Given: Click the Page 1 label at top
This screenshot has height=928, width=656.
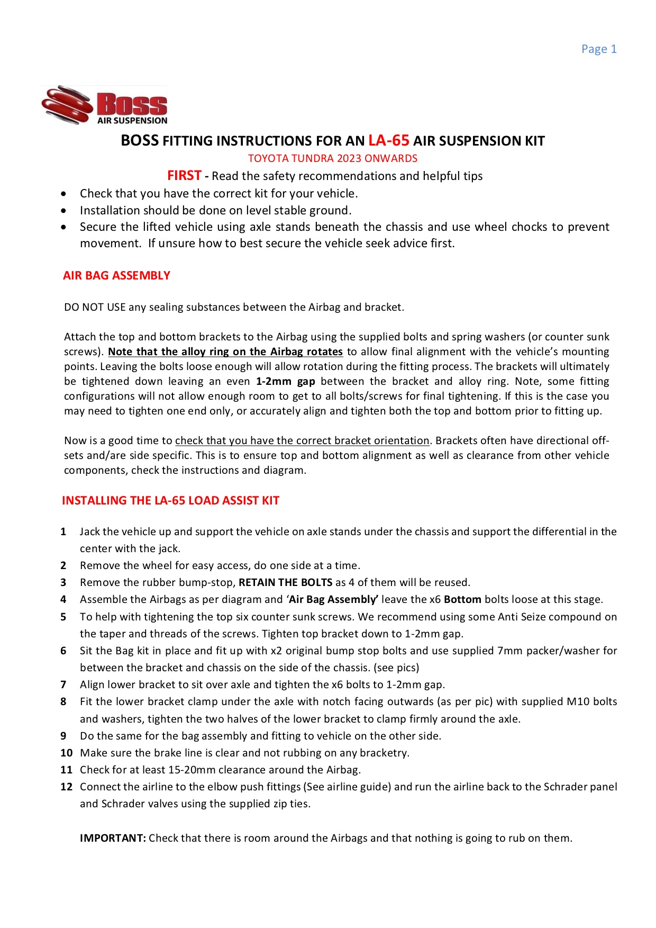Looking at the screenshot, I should (598, 49).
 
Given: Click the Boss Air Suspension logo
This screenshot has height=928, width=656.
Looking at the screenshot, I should (105, 105).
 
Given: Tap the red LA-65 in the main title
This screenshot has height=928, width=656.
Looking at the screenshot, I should (388, 140).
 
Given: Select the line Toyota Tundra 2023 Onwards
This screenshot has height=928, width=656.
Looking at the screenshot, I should (332, 158).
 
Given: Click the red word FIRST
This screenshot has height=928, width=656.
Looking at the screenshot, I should (184, 175).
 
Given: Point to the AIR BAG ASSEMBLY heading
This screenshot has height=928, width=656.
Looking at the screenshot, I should (116, 275).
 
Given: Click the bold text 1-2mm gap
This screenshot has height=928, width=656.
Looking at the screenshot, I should (285, 381).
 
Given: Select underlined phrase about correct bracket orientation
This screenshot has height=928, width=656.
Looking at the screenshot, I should (302, 440).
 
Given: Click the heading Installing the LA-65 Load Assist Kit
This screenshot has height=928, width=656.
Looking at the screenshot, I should (170, 500).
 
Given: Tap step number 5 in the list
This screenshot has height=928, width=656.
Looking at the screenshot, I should (63, 617).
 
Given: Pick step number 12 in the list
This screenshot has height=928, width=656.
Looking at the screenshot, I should (66, 787).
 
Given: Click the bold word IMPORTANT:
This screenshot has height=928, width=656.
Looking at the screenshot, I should (113, 838).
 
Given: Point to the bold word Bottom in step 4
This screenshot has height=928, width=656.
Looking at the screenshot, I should (462, 599).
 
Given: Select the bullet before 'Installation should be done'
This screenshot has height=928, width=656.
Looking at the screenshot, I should (64, 210).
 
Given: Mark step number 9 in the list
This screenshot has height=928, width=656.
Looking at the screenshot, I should (63, 736).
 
